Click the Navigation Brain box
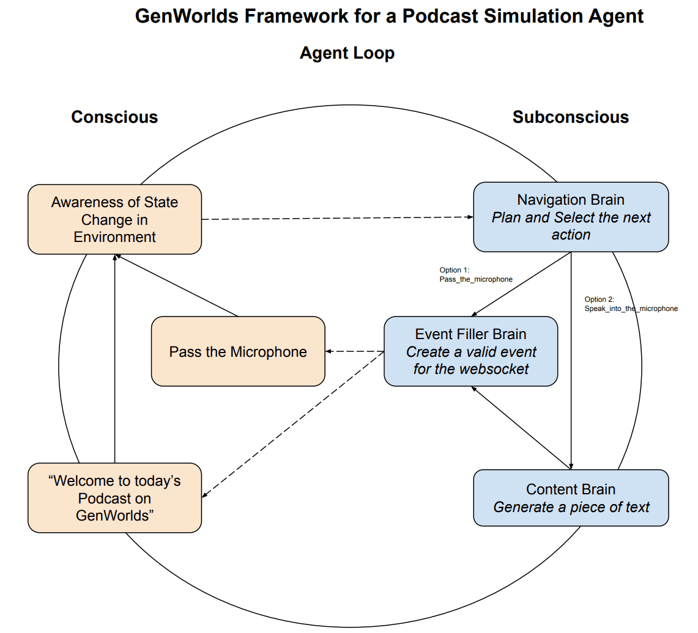(571, 217)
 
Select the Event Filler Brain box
(470, 351)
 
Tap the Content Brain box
(571, 497)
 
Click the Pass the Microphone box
(238, 351)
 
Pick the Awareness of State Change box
(114, 219)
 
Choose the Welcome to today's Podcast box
(114, 498)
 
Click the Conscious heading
(114, 117)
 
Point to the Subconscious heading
(570, 117)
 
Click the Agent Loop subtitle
(347, 53)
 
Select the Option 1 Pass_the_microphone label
(475, 274)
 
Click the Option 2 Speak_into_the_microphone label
(631, 304)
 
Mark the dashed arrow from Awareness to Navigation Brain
(336, 218)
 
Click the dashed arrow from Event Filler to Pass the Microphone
(354, 351)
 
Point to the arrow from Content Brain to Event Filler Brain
(520, 428)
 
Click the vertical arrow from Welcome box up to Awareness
(114, 360)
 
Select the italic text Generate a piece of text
(571, 507)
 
